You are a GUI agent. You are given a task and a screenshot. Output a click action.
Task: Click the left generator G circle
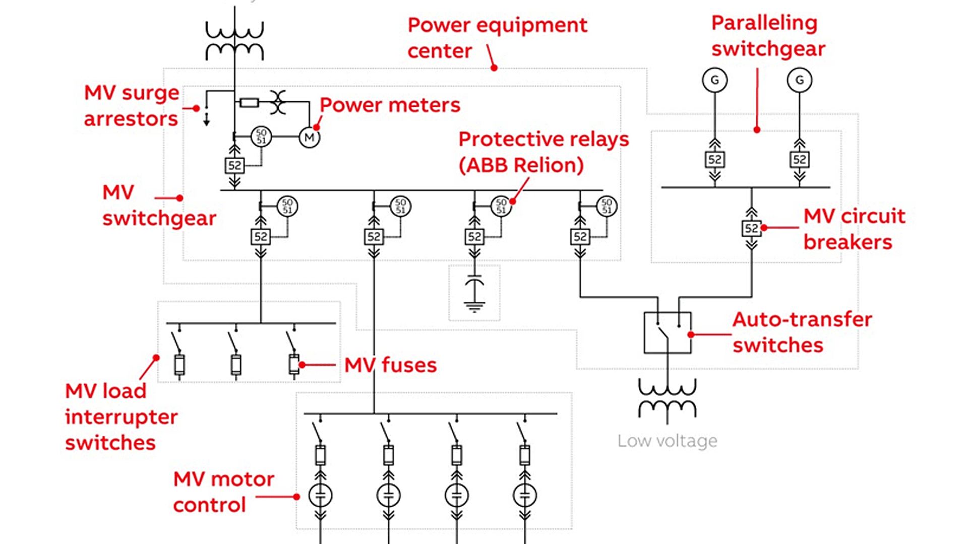click(714, 80)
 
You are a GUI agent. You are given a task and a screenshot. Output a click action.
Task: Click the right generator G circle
click(799, 80)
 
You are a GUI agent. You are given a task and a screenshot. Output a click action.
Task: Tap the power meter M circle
click(309, 138)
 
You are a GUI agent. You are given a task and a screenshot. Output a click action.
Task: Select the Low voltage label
click(667, 441)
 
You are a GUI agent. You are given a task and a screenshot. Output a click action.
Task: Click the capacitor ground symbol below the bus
click(474, 304)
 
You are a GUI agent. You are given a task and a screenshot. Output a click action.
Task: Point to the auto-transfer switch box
click(667, 332)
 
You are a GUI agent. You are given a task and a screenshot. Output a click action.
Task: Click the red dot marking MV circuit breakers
click(764, 228)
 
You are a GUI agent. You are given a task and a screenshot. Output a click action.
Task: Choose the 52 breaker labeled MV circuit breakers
click(751, 228)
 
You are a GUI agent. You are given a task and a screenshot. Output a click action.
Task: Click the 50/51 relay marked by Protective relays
click(501, 206)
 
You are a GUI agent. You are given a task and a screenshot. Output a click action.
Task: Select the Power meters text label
click(390, 105)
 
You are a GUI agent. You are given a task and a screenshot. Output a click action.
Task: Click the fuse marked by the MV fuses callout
click(293, 364)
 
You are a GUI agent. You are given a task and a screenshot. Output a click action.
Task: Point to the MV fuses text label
click(390, 365)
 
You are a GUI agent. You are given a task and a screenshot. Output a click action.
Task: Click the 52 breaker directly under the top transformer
click(234, 166)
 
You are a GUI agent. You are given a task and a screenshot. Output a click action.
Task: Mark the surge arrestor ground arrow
click(206, 120)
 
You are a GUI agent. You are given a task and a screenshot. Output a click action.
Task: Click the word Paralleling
click(764, 23)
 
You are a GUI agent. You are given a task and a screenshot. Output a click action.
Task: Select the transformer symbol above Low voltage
click(667, 400)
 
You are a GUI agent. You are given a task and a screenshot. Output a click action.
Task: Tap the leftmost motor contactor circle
click(320, 495)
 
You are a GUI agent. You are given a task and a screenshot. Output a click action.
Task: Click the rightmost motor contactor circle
click(524, 495)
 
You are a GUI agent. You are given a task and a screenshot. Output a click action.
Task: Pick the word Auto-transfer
click(802, 319)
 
